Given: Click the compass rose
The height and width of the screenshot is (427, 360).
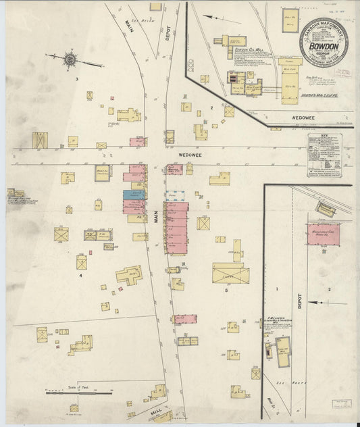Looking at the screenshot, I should [x=70, y=60].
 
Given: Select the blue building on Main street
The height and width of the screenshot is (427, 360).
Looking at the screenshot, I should [x=134, y=194].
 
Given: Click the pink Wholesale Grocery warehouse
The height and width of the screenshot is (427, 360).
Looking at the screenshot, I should [x=323, y=234].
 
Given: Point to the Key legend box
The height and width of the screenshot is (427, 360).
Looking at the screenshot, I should [x=324, y=155].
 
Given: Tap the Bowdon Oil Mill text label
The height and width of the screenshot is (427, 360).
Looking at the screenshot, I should [x=241, y=49].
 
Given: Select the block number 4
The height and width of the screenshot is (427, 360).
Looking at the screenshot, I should [x=80, y=276].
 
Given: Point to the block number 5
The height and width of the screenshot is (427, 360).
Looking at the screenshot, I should [x=226, y=290].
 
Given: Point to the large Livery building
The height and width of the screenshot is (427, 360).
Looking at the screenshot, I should [x=230, y=273].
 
